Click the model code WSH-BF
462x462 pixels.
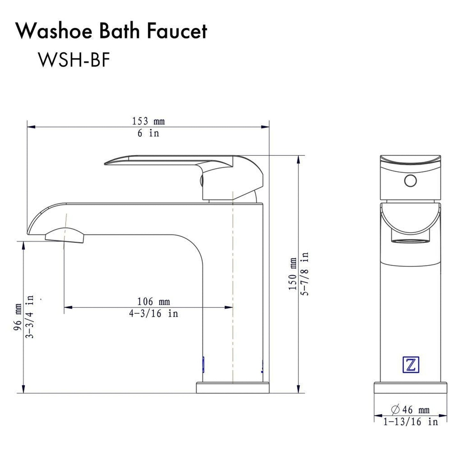74,59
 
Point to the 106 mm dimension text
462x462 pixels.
153,301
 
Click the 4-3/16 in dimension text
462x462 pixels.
153,314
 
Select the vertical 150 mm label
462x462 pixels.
293,274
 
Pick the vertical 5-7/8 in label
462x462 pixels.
305,274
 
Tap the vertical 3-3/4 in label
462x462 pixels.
30,317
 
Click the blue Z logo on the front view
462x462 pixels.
411,364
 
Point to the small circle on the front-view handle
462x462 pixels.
410,181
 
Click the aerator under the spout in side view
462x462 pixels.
65,236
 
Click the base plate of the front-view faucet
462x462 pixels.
410,388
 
